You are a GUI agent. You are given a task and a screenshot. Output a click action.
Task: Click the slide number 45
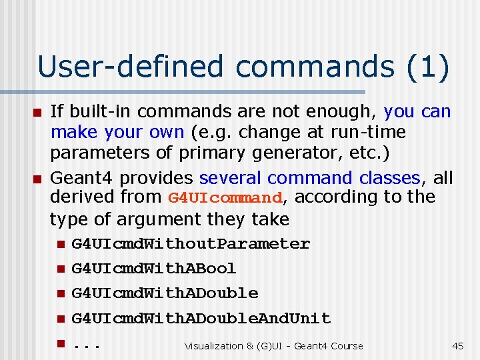[x=457, y=345]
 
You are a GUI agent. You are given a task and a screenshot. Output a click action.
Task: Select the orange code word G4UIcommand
[x=225, y=198]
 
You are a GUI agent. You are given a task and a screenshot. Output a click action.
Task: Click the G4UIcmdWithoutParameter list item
[x=191, y=244]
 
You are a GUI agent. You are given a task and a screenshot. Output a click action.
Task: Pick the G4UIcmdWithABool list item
[x=154, y=269]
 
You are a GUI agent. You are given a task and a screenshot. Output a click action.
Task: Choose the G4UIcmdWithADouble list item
[x=165, y=293]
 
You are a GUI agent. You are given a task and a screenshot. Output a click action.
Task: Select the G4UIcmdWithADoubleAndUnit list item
[x=201, y=318]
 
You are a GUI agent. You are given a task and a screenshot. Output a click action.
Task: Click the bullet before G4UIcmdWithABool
[x=60, y=269]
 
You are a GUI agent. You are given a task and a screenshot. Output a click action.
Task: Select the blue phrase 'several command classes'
[x=310, y=178]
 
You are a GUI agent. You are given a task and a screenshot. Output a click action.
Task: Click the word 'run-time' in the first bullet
[x=376, y=132]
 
